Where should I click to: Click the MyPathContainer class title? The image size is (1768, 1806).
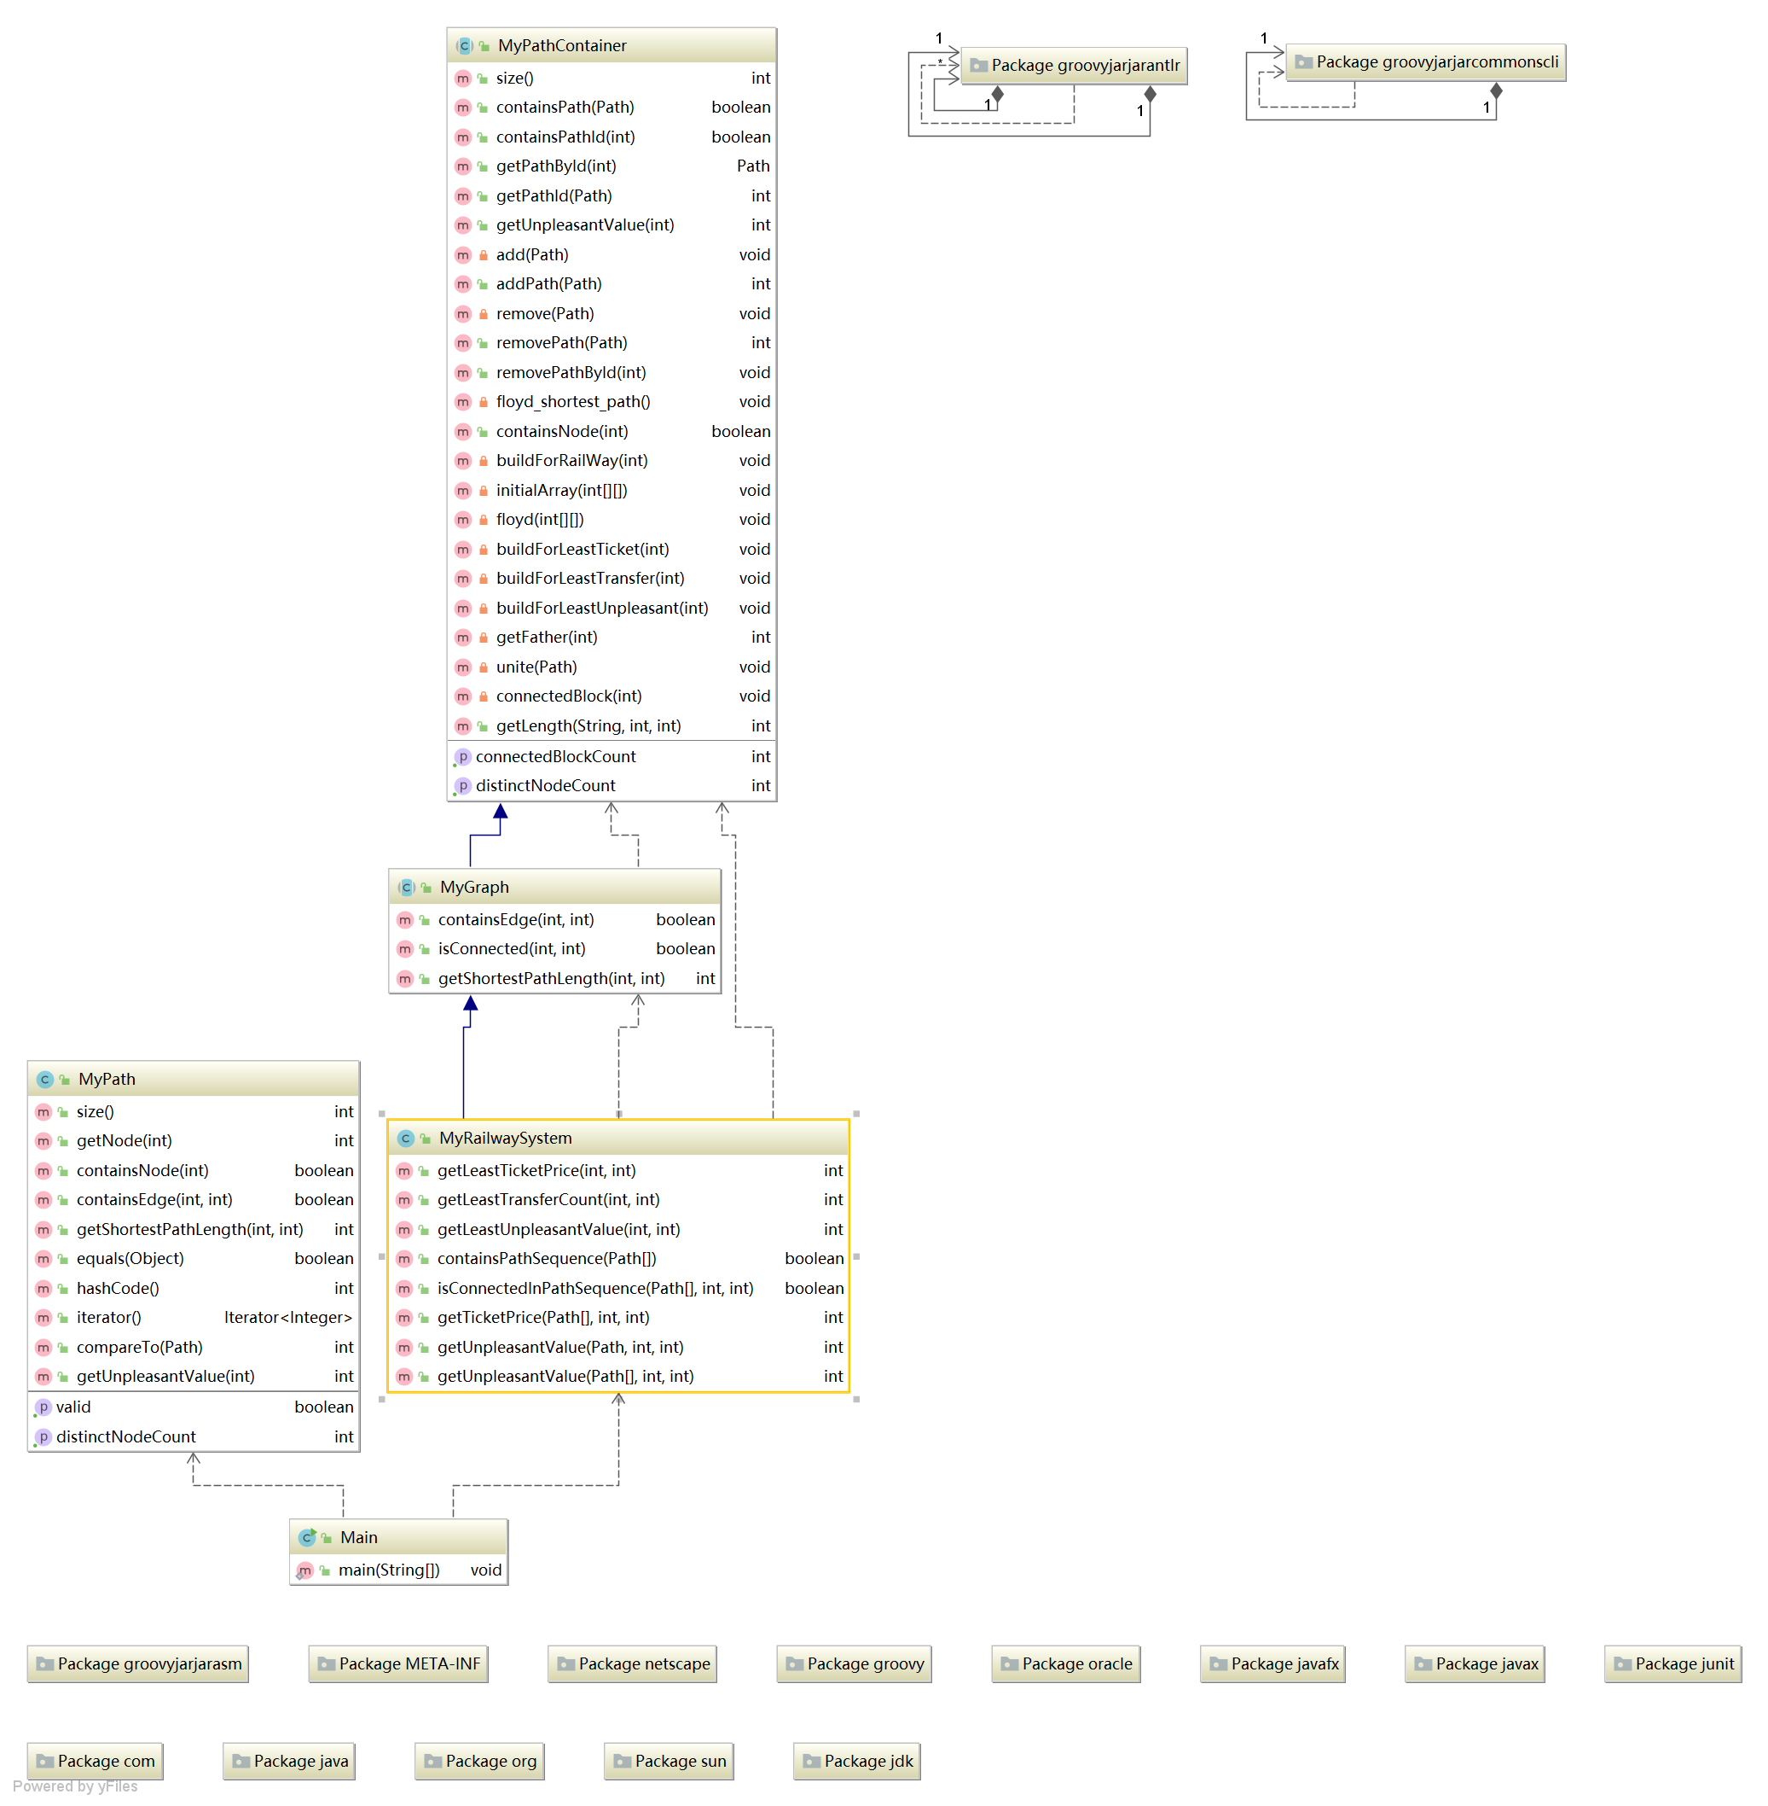click(x=562, y=45)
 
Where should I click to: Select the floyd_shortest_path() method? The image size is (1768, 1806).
click(x=573, y=401)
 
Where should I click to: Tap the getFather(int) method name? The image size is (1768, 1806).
click(x=546, y=638)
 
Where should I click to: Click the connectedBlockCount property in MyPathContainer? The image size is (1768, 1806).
click(x=555, y=756)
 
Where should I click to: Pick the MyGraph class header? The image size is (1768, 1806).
click(x=474, y=887)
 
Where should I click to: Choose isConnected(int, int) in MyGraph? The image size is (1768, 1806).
click(x=512, y=948)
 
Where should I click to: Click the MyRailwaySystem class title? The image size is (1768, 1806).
click(x=505, y=1138)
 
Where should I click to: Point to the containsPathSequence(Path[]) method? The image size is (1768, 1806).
click(x=546, y=1258)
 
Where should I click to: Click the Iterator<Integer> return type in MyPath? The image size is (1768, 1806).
click(x=288, y=1317)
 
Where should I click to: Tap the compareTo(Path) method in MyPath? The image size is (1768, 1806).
click(x=139, y=1347)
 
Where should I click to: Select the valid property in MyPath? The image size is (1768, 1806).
click(x=73, y=1407)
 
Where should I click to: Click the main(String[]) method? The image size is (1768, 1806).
click(x=388, y=1570)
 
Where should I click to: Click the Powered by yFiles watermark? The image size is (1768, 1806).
click(x=75, y=1786)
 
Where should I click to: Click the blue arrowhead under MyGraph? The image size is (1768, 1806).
click(x=471, y=1004)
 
